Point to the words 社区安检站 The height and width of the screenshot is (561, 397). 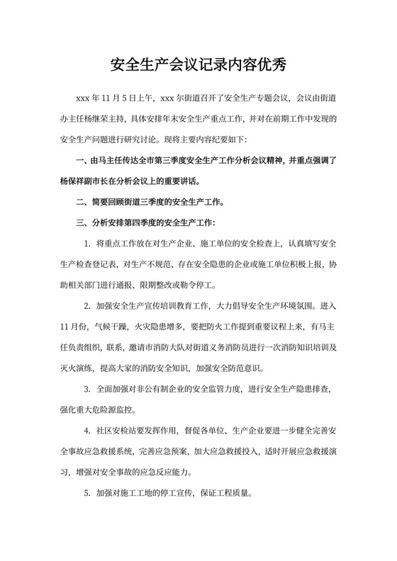coord(116,430)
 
